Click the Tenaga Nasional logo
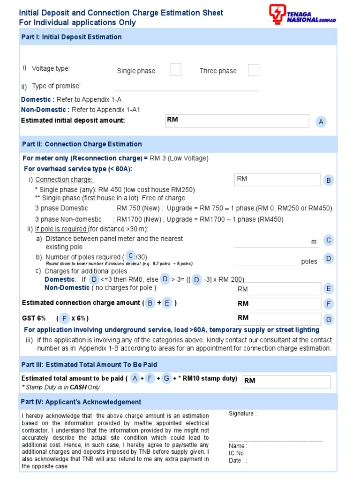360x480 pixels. click(302, 15)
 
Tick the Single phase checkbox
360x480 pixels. click(175, 70)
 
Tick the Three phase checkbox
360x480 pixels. click(253, 70)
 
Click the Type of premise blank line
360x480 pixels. click(186, 87)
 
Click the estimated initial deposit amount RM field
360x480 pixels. click(237, 120)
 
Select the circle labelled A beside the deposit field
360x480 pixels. click(321, 122)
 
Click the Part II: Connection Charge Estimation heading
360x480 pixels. click(82, 144)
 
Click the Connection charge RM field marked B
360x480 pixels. click(277, 180)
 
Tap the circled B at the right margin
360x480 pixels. click(329, 180)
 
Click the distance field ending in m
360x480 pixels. click(276, 241)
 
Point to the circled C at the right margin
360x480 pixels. click(329, 240)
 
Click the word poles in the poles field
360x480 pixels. click(309, 262)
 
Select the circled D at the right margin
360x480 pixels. click(329, 259)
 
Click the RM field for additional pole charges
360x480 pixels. click(278, 289)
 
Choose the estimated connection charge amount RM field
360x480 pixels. click(278, 304)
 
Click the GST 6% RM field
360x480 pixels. click(278, 318)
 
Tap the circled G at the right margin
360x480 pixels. click(329, 320)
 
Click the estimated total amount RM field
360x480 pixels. click(286, 381)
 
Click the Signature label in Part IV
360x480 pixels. click(242, 413)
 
